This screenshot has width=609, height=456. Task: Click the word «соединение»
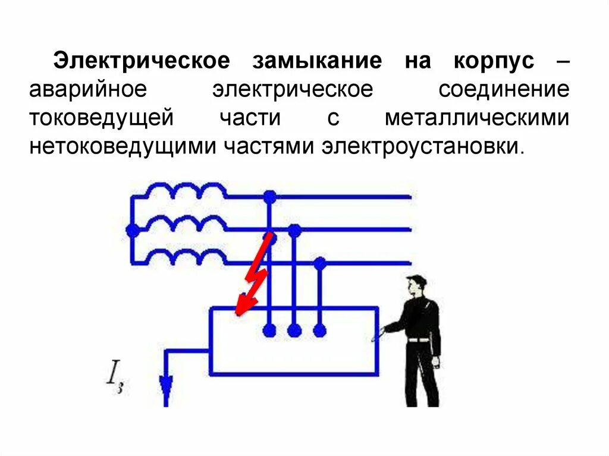[x=504, y=90]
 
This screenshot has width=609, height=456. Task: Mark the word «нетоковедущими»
[x=123, y=146]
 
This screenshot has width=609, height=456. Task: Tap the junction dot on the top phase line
[x=270, y=196]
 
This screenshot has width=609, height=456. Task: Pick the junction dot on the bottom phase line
[x=320, y=262]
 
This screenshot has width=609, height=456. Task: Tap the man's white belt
[x=420, y=340]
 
